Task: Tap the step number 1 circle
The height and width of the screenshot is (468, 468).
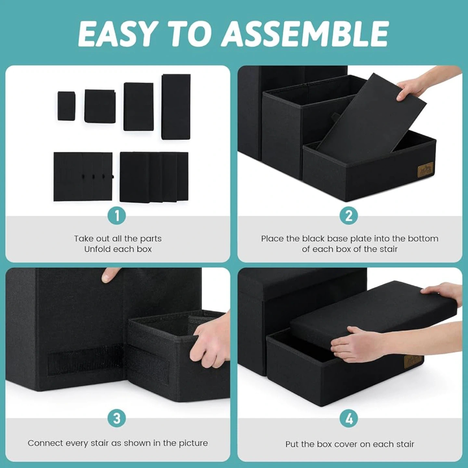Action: click(x=117, y=215)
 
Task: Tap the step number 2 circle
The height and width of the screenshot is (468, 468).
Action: click(x=349, y=215)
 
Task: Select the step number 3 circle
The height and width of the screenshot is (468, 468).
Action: click(x=117, y=419)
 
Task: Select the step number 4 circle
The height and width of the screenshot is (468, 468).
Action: click(x=349, y=419)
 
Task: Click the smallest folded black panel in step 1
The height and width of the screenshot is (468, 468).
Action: click(x=66, y=106)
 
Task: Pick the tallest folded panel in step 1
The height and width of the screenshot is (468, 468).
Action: click(x=176, y=107)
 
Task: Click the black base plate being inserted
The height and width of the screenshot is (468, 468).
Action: click(x=371, y=114)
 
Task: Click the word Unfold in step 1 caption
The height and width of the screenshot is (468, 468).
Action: click(x=96, y=249)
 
